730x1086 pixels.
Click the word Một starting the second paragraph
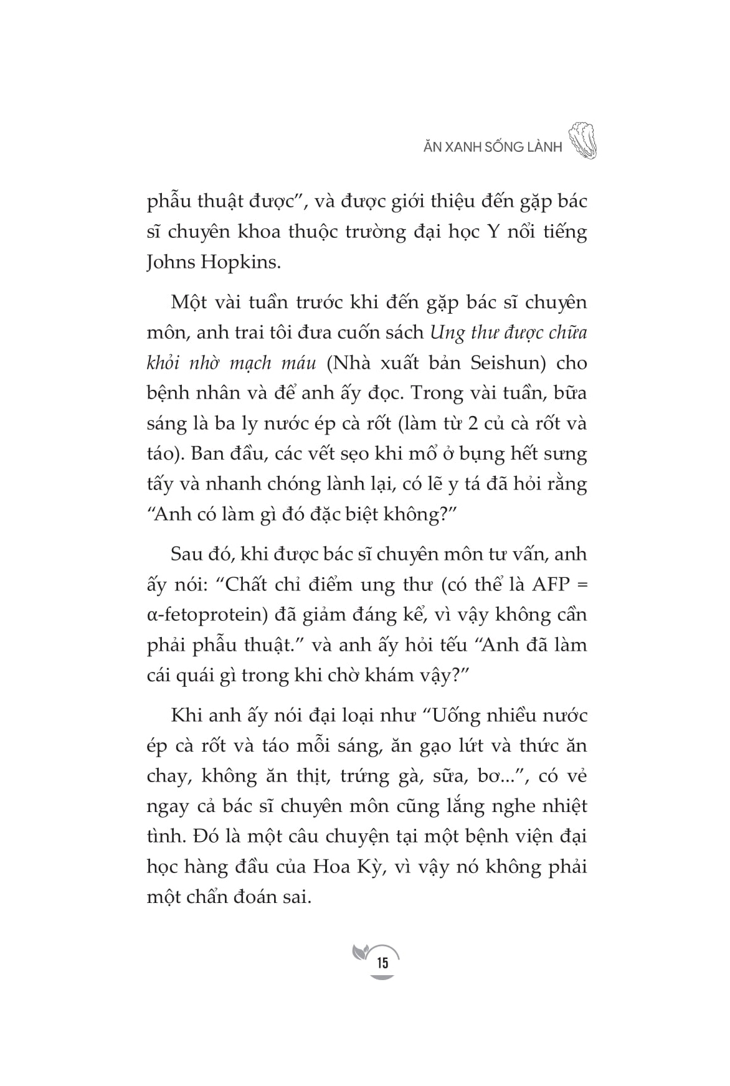coord(189,302)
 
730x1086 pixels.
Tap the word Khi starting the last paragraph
coord(184,715)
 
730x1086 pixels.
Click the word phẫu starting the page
coord(168,202)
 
